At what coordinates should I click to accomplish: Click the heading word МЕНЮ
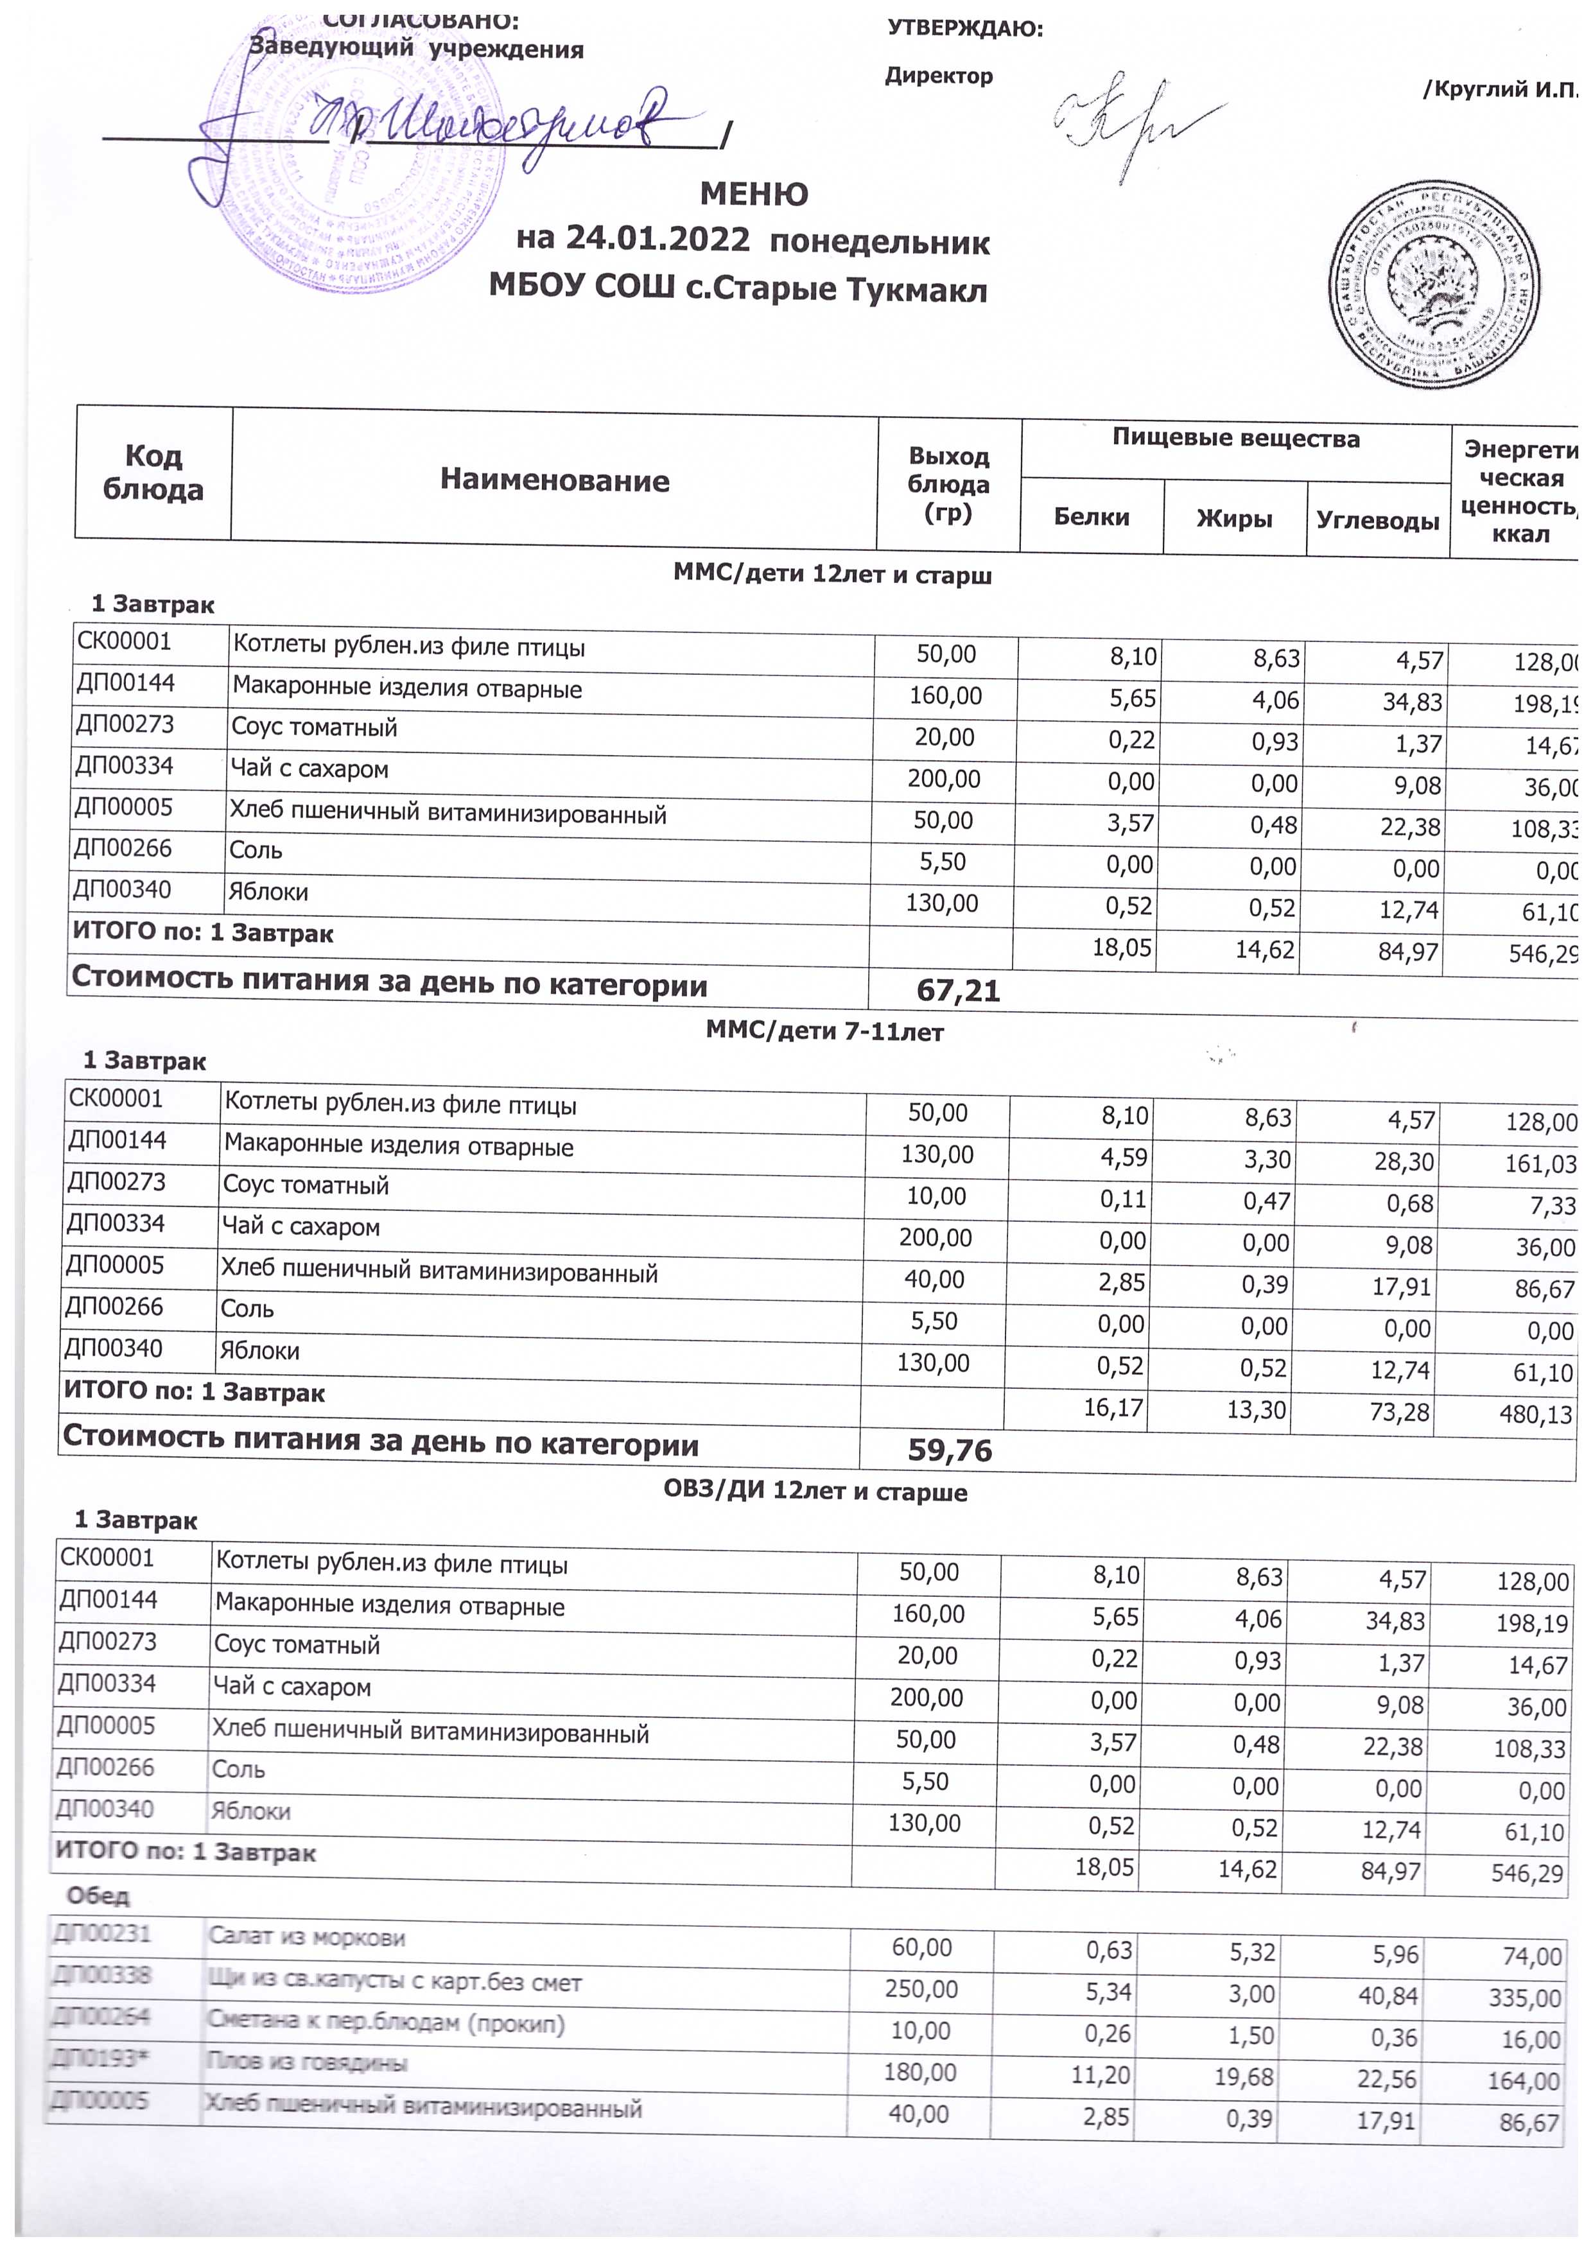coord(753,195)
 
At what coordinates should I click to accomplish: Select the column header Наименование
coord(554,480)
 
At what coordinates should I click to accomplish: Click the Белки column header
coord(1091,518)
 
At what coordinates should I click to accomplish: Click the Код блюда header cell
coord(153,473)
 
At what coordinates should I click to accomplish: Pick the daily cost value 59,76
coord(950,1450)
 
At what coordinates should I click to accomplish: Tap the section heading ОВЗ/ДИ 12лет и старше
coord(815,1492)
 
